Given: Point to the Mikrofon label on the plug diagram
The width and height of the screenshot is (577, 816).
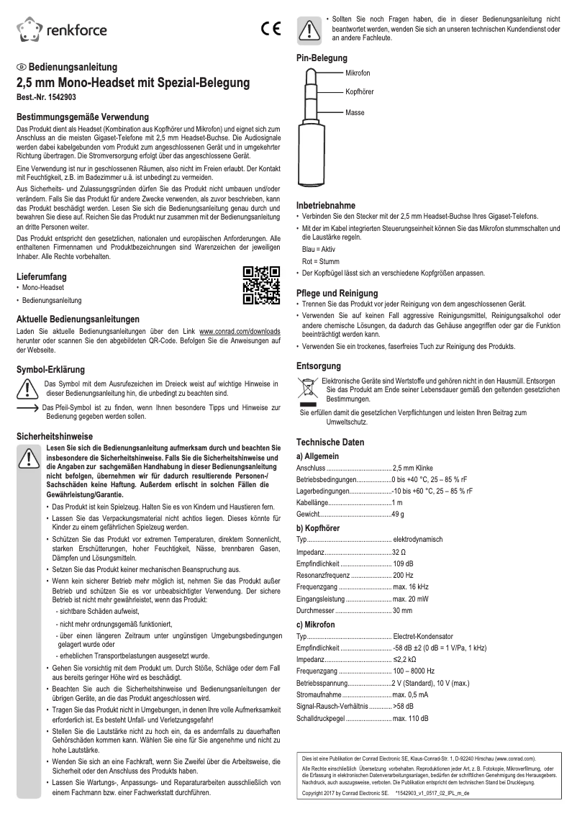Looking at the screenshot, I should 358,74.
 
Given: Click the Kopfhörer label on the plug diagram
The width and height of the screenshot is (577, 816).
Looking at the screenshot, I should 360,92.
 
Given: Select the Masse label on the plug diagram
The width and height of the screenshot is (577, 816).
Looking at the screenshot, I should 355,113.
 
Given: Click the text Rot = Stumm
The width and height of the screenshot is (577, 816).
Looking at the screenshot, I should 321,261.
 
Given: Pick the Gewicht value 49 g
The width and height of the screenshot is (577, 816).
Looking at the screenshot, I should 399,514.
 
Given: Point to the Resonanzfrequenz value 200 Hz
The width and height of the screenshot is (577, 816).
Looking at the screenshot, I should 403,576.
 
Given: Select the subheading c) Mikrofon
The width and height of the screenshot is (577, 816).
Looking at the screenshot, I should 316,625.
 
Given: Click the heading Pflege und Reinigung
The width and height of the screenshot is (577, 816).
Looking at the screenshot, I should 337,293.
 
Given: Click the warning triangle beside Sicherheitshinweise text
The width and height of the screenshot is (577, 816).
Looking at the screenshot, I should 29,457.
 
